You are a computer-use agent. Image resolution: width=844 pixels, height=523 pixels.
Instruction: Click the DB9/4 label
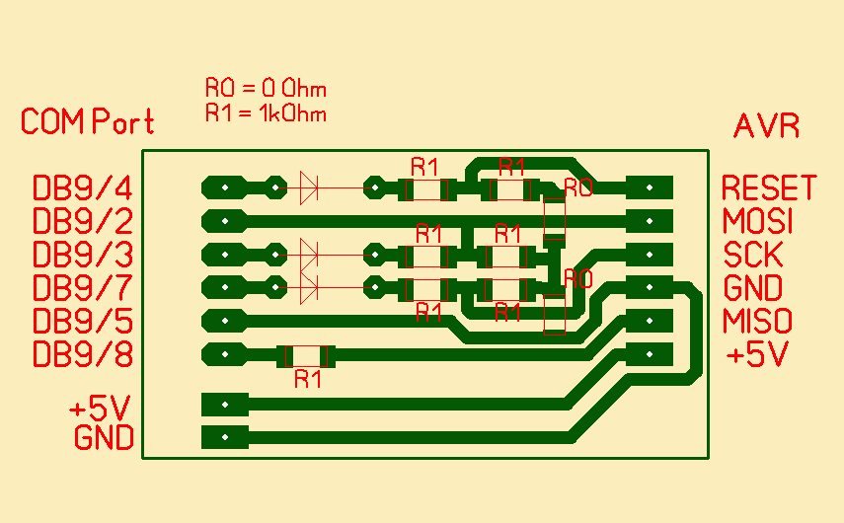[x=83, y=187]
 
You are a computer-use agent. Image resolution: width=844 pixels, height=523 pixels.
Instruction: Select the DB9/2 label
[x=83, y=220]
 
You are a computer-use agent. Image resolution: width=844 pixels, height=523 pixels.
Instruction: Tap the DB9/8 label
[x=83, y=353]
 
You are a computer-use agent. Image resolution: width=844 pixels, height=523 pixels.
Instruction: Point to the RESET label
[x=769, y=187]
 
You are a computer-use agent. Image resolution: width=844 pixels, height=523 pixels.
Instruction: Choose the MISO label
[x=758, y=322]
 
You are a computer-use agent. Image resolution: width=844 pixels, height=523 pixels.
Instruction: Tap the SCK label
[x=753, y=255]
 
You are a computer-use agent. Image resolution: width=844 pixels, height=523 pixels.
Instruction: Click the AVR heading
[x=766, y=126]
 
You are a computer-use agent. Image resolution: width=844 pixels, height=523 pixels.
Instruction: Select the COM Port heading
[x=88, y=122]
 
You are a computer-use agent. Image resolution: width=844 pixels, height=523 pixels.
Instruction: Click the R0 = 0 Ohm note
[x=266, y=89]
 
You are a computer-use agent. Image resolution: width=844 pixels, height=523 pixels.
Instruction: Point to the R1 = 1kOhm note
[x=266, y=112]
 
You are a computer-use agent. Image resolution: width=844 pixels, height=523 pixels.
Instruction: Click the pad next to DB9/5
[x=225, y=320]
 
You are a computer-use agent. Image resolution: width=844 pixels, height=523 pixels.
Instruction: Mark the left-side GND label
[x=104, y=437]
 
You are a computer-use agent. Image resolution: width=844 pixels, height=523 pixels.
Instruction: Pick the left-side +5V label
[x=101, y=407]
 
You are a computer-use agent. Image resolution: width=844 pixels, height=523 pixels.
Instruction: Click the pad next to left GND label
[x=225, y=436]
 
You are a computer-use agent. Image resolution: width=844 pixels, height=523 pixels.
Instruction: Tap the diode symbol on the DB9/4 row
[x=308, y=186]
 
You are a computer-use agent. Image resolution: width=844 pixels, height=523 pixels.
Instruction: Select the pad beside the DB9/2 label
[x=225, y=219]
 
